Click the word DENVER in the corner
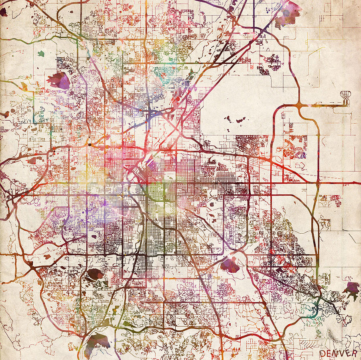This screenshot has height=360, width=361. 338,353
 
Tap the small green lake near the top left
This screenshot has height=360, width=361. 41,53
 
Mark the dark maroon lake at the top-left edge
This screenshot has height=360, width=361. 4,12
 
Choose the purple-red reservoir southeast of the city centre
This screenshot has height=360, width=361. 230,265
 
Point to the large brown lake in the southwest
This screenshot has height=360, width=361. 95,275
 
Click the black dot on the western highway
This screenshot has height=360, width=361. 91,144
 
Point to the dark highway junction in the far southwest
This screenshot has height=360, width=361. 30,263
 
